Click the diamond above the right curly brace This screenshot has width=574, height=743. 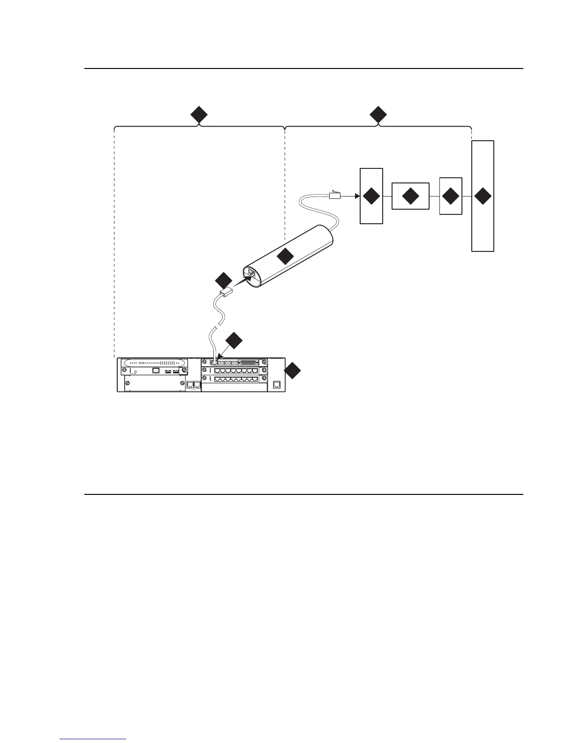378,115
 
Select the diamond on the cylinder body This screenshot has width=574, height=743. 285,256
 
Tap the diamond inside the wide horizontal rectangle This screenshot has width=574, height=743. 410,196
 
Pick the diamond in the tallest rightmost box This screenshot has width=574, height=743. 483,196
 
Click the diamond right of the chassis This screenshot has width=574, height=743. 293,371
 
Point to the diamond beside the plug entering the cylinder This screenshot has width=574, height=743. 223,281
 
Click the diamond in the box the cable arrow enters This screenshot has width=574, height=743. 371,196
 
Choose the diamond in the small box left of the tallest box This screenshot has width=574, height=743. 451,196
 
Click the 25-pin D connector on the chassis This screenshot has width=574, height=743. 248,363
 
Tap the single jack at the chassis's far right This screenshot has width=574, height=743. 277,385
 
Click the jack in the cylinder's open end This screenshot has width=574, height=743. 251,274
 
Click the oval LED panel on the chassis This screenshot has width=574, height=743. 154,363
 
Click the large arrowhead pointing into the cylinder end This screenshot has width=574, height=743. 243,281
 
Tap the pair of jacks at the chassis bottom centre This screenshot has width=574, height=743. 193,385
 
